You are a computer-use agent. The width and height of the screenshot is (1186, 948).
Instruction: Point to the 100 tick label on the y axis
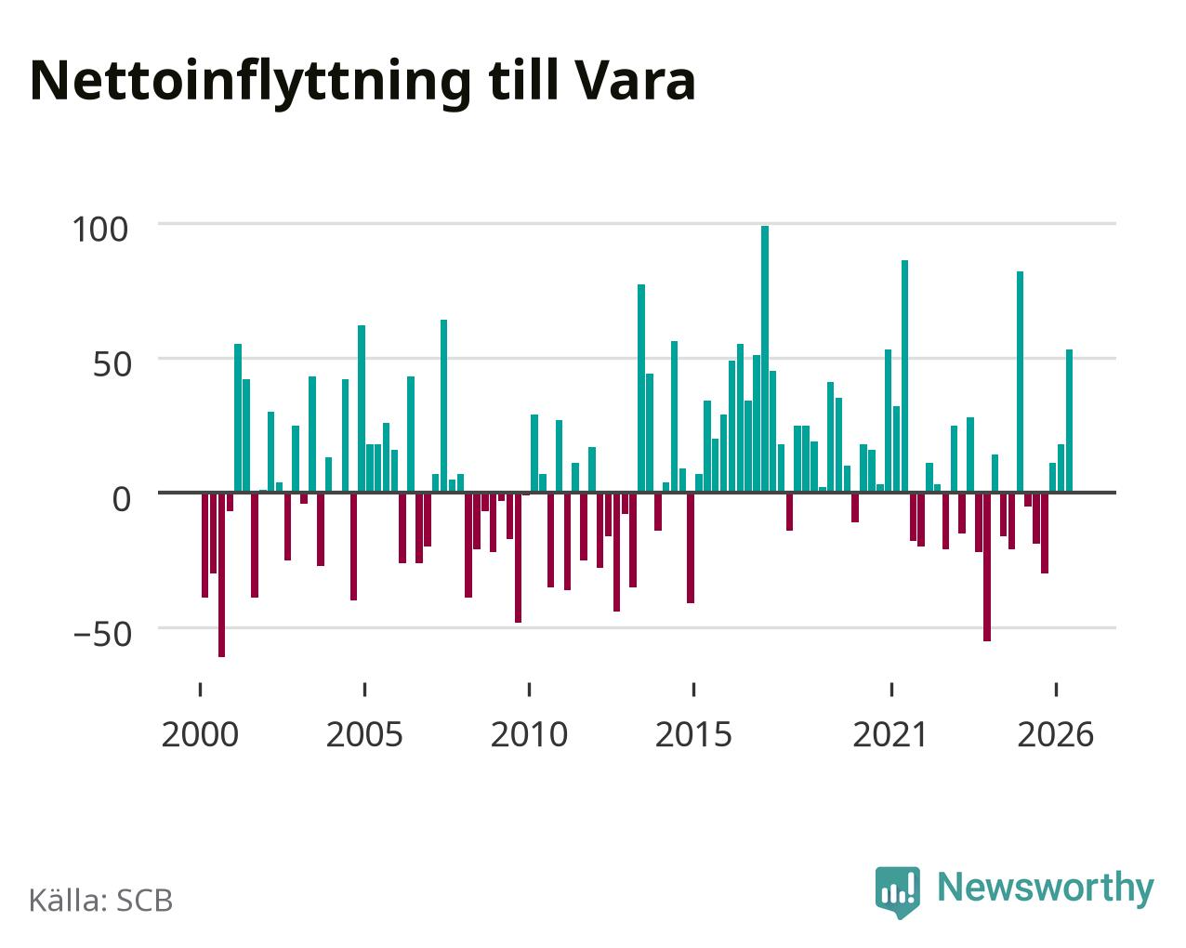point(99,230)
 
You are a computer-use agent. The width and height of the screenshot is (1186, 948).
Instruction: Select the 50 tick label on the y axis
point(112,364)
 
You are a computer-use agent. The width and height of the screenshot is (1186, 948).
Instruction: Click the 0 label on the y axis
point(121,499)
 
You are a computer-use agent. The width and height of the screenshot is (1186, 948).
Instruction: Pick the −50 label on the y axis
point(102,635)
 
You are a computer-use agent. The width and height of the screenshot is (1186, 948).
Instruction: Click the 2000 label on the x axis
point(200,734)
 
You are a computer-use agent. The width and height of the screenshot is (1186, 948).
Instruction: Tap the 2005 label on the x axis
point(364,734)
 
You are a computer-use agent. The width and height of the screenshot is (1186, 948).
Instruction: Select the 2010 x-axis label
point(529,734)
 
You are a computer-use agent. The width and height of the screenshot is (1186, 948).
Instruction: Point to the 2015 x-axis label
point(693,734)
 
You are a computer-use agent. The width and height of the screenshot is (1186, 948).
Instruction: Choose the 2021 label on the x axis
point(890,734)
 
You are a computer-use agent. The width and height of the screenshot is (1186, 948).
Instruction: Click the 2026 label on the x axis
point(1055,734)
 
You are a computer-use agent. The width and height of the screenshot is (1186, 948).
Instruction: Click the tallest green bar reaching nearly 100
point(765,359)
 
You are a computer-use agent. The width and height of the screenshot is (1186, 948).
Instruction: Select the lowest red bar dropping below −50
point(221,574)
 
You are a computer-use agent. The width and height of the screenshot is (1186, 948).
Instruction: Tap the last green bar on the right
point(1069,420)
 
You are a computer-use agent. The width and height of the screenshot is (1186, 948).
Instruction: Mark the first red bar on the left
point(205,545)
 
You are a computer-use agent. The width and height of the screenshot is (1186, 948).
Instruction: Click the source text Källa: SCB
point(101,901)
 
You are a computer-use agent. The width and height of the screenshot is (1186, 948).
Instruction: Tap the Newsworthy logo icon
point(898,892)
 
